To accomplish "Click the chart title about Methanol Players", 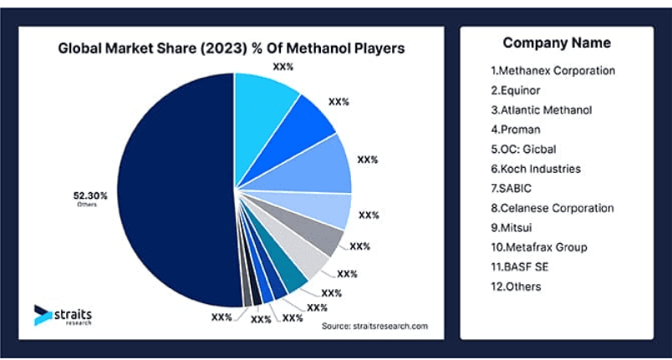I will [x=231, y=48].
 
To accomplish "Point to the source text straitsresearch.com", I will [x=374, y=326].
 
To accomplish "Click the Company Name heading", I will [x=557, y=43].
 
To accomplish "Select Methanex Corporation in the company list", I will [x=552, y=70].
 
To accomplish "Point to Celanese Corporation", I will [x=552, y=208].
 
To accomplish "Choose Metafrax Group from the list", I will [x=538, y=247].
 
